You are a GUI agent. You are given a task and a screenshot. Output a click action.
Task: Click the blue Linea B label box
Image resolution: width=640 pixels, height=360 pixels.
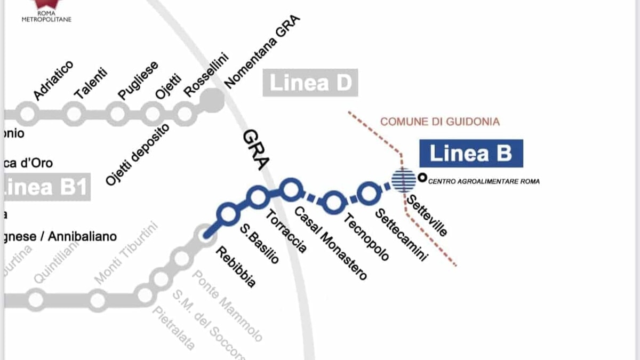[x=470, y=154]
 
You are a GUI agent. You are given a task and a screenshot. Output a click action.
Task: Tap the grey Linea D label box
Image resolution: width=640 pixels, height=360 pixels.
[x=310, y=83]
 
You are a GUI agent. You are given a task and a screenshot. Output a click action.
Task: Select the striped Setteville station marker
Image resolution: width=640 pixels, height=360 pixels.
[x=404, y=180]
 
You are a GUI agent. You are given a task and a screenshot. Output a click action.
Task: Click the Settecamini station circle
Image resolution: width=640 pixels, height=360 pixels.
[x=368, y=193]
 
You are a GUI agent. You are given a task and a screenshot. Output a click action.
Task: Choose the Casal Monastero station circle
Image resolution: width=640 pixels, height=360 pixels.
[x=291, y=189]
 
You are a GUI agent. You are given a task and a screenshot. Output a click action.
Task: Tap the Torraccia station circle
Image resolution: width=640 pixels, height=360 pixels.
[x=258, y=197]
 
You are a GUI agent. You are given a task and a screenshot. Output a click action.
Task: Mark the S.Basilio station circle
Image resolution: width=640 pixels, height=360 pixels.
[x=228, y=214]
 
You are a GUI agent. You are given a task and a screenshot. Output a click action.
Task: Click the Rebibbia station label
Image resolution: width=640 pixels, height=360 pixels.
[x=235, y=267]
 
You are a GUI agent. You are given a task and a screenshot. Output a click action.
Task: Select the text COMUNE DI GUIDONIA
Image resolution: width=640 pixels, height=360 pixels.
[x=440, y=122]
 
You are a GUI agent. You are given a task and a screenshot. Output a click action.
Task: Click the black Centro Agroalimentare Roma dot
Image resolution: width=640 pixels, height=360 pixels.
[x=422, y=178]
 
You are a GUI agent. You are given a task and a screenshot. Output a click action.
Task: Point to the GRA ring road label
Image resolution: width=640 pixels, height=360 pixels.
[x=254, y=150]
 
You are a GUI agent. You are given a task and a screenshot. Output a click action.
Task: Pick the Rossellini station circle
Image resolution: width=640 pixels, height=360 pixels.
[x=185, y=114]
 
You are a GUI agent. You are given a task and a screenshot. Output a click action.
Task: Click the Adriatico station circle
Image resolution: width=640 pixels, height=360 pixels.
[x=27, y=114]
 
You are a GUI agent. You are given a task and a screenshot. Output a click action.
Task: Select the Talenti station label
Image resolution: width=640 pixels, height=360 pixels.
[x=91, y=83]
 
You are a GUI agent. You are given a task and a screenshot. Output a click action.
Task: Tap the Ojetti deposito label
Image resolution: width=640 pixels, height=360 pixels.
[x=137, y=154]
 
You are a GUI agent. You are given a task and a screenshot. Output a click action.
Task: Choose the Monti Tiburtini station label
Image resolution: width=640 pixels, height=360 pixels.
[x=127, y=253]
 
